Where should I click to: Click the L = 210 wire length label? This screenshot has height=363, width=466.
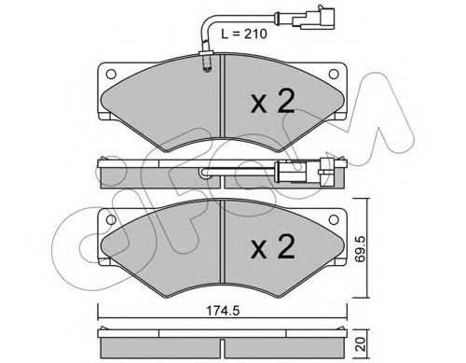244,34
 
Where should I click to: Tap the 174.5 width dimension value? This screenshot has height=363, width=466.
223,311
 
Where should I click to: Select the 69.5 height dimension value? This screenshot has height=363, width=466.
361,249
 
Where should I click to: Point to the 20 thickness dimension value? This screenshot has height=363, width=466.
361,343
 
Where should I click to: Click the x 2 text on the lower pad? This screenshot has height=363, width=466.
273,247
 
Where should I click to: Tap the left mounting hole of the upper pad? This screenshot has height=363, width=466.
111,74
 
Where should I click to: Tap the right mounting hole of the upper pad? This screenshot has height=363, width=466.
334,74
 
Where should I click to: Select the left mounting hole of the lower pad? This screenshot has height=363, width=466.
111,219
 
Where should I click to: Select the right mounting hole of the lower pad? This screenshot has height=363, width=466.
334,219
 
